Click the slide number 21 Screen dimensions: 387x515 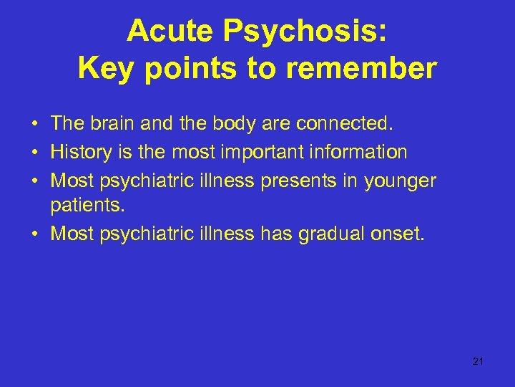479,361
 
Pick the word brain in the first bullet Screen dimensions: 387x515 112,124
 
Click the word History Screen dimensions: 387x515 79,152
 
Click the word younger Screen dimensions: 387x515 399,180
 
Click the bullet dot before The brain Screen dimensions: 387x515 34,125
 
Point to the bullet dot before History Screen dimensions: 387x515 34,153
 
